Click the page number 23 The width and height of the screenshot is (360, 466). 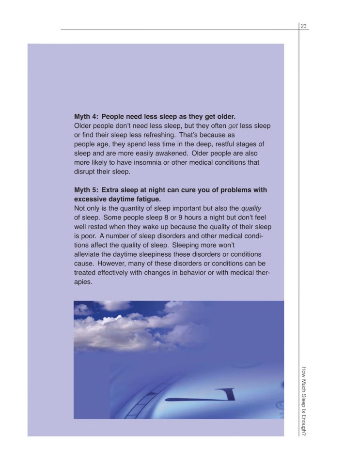coord(304,26)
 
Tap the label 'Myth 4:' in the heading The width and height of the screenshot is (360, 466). coord(86,117)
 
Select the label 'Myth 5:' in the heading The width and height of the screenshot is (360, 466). coord(86,190)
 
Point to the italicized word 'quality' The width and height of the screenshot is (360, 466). coord(251,208)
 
